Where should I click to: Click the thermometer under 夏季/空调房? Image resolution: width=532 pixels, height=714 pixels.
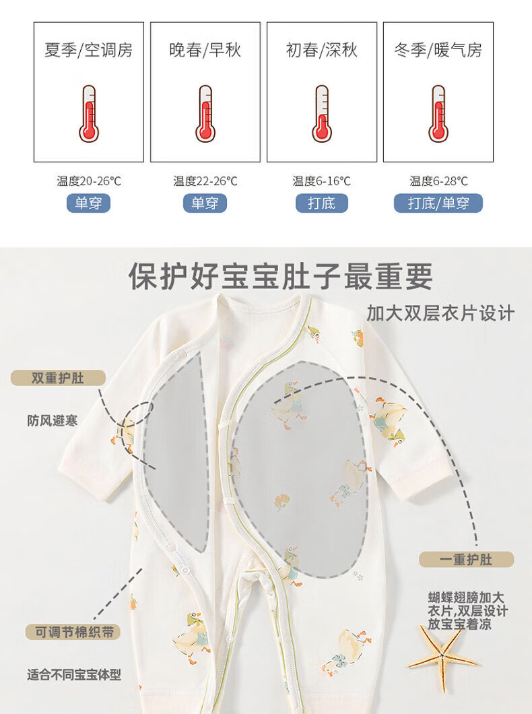[89, 113]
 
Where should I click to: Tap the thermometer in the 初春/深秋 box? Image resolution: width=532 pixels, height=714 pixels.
[322, 113]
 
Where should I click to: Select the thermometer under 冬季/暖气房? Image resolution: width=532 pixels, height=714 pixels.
[438, 113]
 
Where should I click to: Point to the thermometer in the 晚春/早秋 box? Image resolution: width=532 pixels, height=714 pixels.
[205, 113]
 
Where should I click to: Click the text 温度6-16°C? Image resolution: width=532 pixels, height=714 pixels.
[322, 181]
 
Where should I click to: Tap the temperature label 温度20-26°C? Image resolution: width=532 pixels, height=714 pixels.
[89, 181]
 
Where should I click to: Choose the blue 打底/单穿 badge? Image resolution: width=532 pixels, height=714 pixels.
[438, 203]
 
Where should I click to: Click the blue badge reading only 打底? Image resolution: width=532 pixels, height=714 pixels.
[322, 203]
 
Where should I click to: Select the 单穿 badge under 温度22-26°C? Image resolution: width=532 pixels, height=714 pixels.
[205, 203]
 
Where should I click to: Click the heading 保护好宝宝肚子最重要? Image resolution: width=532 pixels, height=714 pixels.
[280, 276]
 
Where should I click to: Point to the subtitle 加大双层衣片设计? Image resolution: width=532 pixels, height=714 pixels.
[440, 313]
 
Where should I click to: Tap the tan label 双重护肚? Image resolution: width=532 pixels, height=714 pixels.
[58, 378]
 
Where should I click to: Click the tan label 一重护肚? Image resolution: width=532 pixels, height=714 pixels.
[466, 559]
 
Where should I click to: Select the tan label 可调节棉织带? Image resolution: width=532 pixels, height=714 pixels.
[73, 632]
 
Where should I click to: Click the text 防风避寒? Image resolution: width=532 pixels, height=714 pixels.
[53, 421]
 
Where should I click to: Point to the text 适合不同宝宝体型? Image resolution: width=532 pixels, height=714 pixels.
[74, 674]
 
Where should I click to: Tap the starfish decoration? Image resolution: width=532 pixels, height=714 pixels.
[442, 657]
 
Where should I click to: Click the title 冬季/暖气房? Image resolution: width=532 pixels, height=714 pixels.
[438, 50]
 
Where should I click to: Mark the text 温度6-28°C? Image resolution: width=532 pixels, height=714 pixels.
[438, 181]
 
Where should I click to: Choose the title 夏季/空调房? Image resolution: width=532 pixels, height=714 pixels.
[89, 50]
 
